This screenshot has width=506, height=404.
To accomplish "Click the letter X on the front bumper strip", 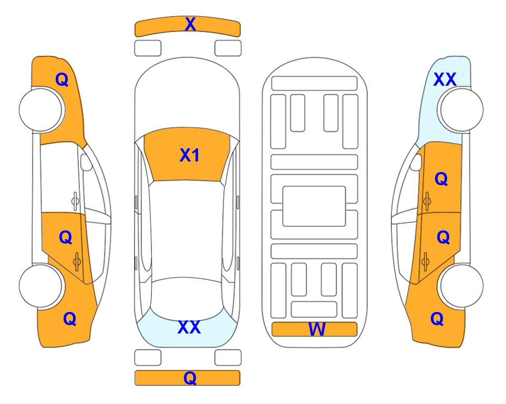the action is click(190, 24).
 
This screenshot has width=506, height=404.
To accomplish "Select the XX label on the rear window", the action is click(189, 327).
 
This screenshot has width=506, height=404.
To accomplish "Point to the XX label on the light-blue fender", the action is click(445, 79).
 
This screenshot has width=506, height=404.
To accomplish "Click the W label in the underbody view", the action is click(317, 329).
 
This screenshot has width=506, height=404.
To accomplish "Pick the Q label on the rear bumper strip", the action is click(190, 378).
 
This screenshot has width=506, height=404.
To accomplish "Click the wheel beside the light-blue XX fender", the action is click(460, 110).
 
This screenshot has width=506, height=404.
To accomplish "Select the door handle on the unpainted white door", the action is click(75, 201).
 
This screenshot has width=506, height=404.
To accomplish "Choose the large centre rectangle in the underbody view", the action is click(314, 206).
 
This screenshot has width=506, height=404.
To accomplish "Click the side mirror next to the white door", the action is click(86, 162).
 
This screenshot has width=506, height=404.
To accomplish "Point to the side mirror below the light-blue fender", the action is click(416, 162).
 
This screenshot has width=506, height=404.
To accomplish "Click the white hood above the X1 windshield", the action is click(187, 97).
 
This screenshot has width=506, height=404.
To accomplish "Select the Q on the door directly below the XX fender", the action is click(441, 179).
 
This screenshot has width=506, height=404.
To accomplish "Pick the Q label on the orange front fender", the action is click(62, 79).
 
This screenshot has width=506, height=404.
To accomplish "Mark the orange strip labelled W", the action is click(314, 329).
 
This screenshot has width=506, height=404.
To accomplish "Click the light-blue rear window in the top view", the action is click(187, 329).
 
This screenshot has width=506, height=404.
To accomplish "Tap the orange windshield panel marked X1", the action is click(187, 155).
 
